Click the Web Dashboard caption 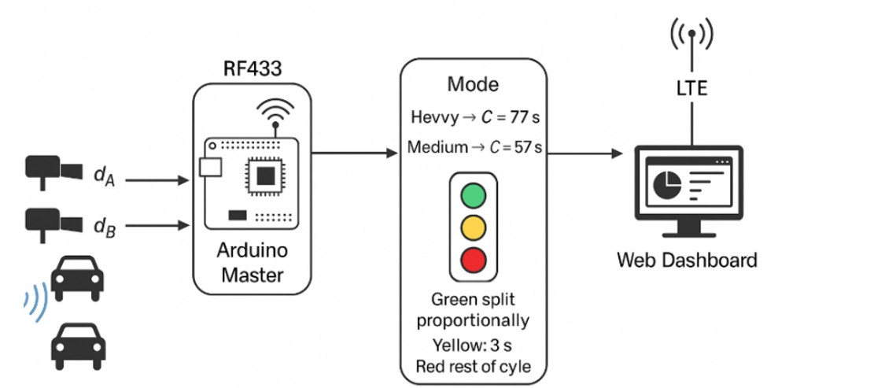click(x=687, y=260)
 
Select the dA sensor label click(x=105, y=176)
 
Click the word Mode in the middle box click(x=473, y=84)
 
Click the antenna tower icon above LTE click(x=691, y=36)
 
